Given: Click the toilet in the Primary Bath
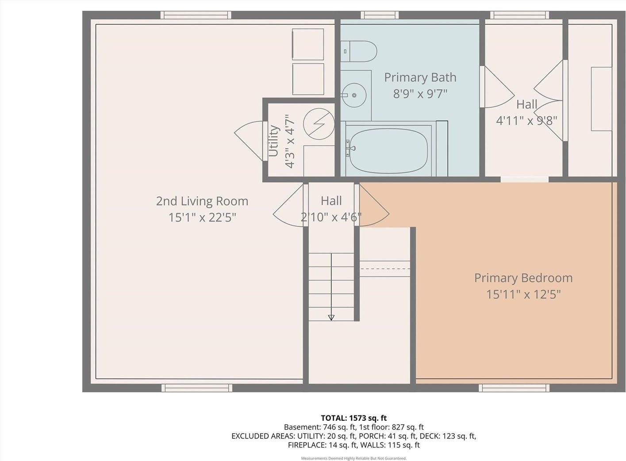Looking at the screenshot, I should [x=359, y=51].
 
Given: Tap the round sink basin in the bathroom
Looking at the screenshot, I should [x=353, y=95].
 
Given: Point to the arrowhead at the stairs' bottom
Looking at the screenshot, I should [x=331, y=317].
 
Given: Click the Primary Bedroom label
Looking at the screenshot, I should [x=523, y=278].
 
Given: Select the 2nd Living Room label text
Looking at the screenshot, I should [x=202, y=201].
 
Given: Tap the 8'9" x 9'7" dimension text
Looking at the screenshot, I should [x=420, y=94].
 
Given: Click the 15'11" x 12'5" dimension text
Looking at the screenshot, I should [x=523, y=294].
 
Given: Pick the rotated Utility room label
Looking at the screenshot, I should [x=274, y=141].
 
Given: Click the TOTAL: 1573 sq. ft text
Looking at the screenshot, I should [x=353, y=418].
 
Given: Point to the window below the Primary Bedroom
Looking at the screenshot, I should [x=515, y=388].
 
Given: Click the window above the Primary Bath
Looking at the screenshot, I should [x=380, y=15].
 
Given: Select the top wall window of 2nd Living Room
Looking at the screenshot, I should [x=196, y=15].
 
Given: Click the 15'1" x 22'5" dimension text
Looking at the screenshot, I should [x=202, y=217].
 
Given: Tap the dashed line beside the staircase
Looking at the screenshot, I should [x=384, y=268].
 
